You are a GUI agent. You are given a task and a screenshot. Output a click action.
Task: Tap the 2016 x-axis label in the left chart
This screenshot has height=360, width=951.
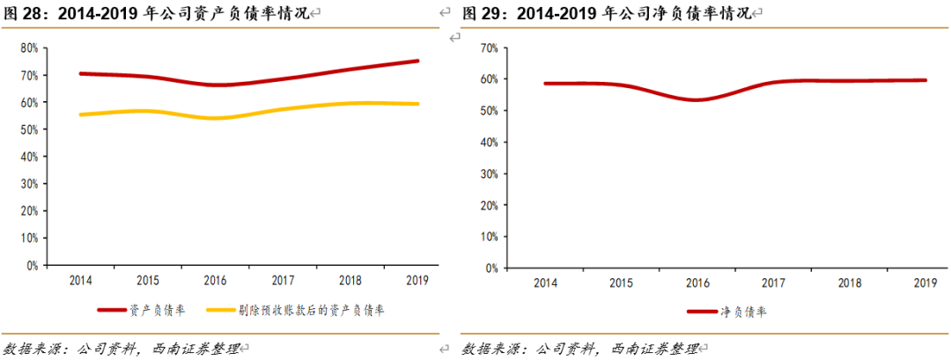pos(216,281)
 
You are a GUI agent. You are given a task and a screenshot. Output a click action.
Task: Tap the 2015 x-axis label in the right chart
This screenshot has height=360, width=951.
pos(621,283)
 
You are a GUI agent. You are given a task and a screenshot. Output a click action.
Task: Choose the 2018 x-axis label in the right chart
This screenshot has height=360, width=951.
pos(849,283)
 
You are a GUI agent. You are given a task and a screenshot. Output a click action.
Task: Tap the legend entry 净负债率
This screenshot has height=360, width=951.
pos(739,311)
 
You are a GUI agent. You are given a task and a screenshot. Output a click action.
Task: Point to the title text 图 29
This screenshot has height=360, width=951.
pos(483,14)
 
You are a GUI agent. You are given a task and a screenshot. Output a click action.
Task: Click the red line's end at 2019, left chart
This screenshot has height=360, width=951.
pos(418,61)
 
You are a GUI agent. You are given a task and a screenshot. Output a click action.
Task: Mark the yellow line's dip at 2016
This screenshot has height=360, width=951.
pos(216,118)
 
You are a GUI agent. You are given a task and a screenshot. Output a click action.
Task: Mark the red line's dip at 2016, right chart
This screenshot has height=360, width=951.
pos(696,99)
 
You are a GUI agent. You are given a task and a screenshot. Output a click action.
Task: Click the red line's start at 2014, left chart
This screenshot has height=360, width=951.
pos(80,74)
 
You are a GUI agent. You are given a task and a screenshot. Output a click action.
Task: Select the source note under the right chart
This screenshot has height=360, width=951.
pos(580,349)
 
